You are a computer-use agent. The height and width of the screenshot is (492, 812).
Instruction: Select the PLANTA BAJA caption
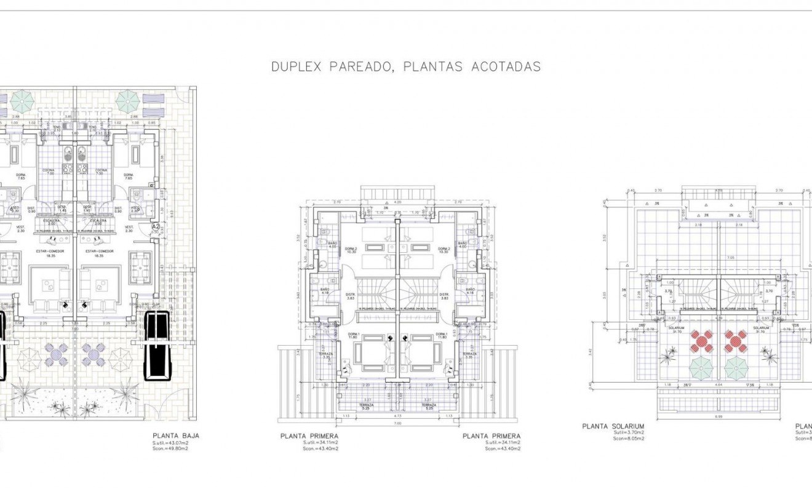point(175,436)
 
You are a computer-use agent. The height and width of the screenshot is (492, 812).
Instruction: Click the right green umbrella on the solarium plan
point(735,368)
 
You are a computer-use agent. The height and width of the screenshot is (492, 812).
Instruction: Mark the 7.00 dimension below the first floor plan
point(397,423)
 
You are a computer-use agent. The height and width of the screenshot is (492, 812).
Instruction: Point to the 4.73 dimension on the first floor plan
point(397,416)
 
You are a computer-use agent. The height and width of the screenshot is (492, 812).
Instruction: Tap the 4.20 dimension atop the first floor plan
point(397,202)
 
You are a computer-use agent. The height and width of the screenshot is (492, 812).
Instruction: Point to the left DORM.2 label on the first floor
point(351,249)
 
